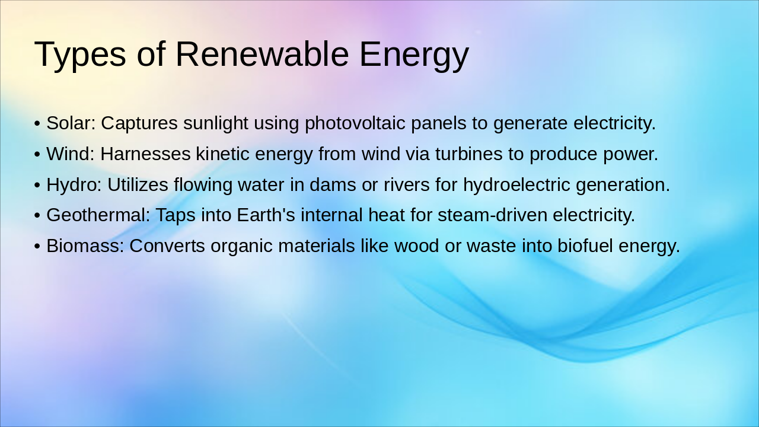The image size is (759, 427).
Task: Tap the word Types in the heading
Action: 80,55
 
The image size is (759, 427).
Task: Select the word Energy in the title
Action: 414,55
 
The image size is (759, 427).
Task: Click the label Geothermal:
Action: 98,215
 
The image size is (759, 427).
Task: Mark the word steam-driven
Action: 492,215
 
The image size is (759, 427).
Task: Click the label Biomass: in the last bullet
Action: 85,246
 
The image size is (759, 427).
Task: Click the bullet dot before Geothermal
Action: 37,216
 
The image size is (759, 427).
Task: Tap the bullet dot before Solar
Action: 37,124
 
